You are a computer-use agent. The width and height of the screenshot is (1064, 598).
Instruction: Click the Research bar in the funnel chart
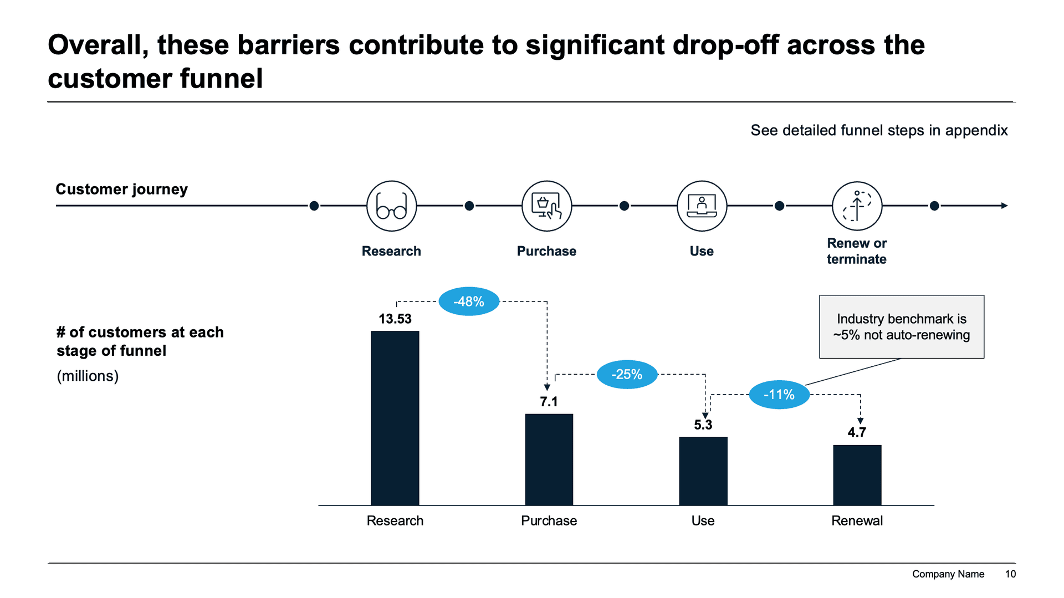pos(395,418)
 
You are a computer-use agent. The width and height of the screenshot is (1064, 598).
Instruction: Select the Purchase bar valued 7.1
pos(549,459)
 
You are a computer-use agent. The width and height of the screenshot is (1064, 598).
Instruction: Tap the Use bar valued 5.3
pos(703,471)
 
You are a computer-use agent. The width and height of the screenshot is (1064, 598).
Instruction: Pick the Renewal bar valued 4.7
pos(857,475)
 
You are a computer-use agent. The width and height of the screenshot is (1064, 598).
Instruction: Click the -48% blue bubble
pos(469,301)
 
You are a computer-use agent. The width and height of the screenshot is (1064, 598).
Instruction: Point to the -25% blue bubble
pos(627,375)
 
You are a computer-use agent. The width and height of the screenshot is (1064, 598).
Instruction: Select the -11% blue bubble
pos(779,395)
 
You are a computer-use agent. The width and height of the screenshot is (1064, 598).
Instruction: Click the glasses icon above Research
pos(391,206)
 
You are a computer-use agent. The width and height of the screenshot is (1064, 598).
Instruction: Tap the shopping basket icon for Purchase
pos(546,206)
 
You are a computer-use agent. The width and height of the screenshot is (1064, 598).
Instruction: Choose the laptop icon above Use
pos(702,206)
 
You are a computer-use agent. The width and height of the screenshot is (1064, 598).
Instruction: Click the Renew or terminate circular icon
pos(857,206)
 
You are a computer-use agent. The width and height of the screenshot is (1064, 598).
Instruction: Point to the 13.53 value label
pos(395,319)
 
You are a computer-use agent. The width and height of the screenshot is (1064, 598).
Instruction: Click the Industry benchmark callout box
pos(901,327)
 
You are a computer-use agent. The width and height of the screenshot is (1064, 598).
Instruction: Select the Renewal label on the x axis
pos(857,521)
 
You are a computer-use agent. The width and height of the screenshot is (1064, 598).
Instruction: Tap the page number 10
pos(1010,574)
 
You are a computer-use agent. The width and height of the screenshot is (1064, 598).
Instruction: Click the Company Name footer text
pos(948,574)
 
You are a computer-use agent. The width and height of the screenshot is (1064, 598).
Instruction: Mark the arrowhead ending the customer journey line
pos(1004,206)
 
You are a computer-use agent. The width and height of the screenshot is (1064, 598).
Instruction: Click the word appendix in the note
pos(976,130)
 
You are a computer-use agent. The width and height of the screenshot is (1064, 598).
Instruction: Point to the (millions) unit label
pos(88,376)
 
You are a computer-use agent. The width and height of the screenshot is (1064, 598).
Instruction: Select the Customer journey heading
pos(122,190)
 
